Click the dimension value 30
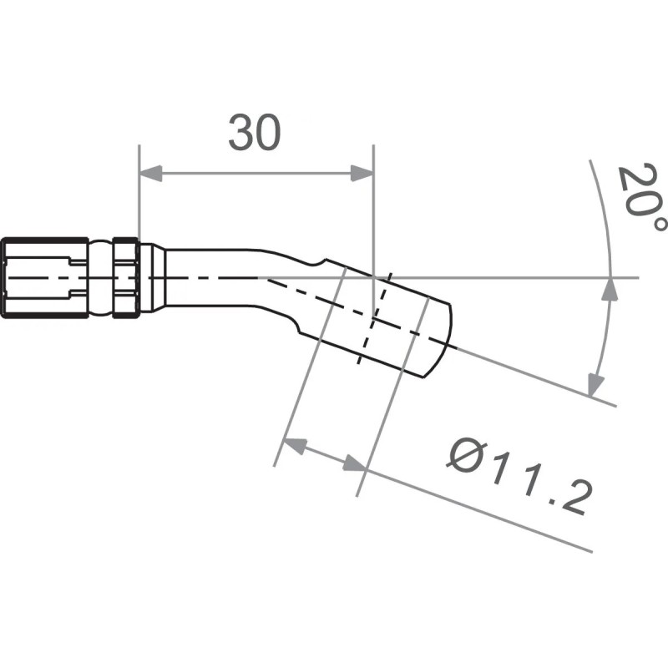point(255,134)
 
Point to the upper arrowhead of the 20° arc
point(611,288)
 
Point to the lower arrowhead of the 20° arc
point(595,386)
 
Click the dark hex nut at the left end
point(44,276)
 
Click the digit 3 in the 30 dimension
point(241,134)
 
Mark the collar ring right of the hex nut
point(125,276)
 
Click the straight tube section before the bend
point(209,276)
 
